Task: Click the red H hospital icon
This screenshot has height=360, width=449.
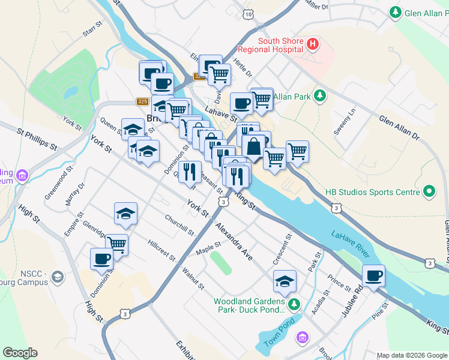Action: coord(312,43)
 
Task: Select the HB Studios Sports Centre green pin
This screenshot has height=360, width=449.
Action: coord(429,192)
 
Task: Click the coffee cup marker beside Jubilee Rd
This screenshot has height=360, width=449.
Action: coord(373,276)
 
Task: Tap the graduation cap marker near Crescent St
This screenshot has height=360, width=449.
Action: coord(285,281)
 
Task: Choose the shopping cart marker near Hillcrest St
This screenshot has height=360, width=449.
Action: coord(116,244)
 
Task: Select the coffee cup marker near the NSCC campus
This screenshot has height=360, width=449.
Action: coord(101,259)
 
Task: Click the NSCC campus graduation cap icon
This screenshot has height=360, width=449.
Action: coord(57,277)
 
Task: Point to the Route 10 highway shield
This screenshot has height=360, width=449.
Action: coord(248,13)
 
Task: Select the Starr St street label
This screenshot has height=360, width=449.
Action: coord(93,31)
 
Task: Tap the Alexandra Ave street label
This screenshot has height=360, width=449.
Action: coord(235,241)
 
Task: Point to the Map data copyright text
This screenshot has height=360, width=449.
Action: coord(412,355)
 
